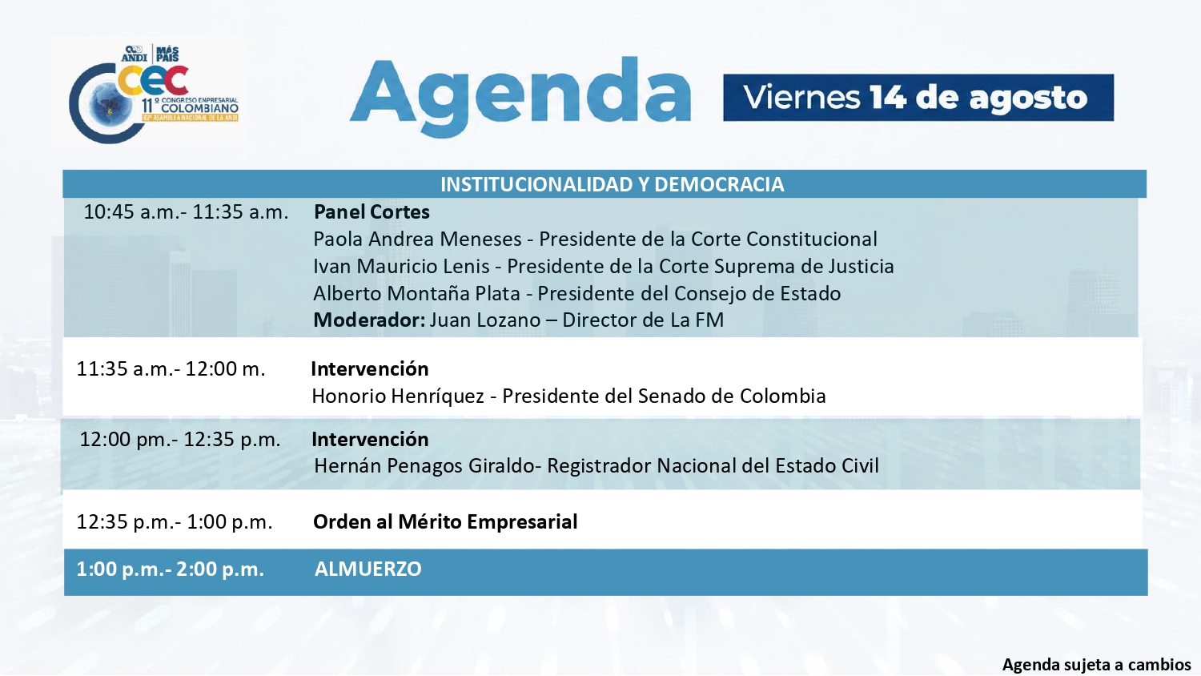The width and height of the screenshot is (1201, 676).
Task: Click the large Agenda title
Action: coord(520,97)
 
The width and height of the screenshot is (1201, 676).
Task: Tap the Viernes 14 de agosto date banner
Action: coord(918,98)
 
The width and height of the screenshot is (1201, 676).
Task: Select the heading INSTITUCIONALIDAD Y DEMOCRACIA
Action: coord(613,184)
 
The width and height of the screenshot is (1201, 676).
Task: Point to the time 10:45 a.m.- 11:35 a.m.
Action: coord(186,212)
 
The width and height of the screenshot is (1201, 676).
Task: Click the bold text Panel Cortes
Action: coord(372,212)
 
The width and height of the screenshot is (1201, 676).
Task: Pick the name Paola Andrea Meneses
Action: coord(417,239)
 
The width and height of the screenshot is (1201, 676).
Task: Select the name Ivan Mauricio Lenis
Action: coord(402,267)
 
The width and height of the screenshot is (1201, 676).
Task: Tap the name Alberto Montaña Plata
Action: coord(416,293)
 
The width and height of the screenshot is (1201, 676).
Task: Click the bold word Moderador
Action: coord(369,320)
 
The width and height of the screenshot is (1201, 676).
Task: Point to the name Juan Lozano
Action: coord(485,320)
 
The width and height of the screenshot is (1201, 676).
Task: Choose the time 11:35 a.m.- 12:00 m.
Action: coord(171,369)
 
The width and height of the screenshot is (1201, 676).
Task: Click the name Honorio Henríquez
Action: coord(398,396)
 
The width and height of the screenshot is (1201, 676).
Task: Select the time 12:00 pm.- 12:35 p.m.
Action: coord(180,440)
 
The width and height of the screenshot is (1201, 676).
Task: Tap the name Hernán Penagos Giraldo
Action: coord(424,466)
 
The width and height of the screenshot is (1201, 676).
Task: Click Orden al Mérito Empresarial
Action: coord(445,521)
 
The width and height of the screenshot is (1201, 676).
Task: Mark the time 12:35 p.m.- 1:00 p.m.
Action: coord(175,521)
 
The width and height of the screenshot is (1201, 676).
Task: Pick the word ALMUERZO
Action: coord(368,569)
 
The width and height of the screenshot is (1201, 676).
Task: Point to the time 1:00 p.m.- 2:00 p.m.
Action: coord(170,569)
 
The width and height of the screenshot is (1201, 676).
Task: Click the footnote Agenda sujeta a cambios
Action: coord(1095,665)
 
